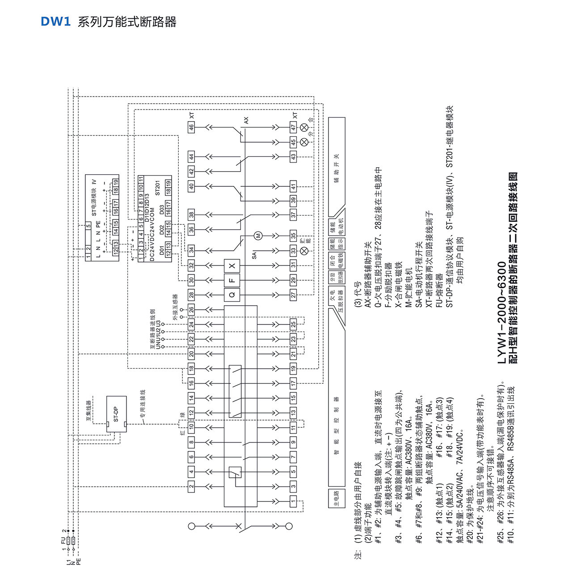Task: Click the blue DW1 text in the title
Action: tap(55, 22)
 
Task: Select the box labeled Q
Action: tap(232, 295)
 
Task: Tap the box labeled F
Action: tap(232, 280)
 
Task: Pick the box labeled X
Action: tap(232, 265)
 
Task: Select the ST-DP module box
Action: tap(116, 414)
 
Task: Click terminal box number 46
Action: tap(191, 127)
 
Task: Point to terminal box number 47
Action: tap(293, 127)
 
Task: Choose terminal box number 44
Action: tap(191, 157)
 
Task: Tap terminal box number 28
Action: tap(191, 295)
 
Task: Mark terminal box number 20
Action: tap(191, 354)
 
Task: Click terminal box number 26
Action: tap(191, 309)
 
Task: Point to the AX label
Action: tap(246, 120)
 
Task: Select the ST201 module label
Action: tap(158, 188)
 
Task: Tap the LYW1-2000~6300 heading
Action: tap(502, 313)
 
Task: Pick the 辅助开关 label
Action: tap(337, 168)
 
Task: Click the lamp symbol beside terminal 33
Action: tap(304, 251)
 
